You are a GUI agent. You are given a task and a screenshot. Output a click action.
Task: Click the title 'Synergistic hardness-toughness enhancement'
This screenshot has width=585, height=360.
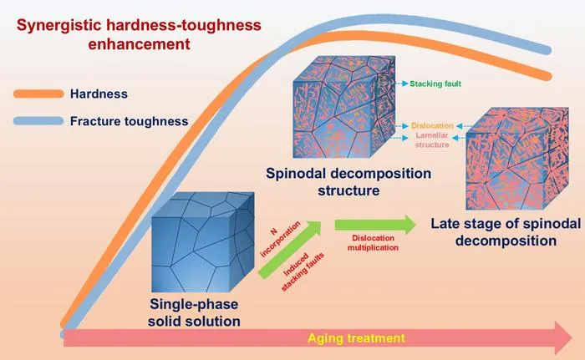[x=139, y=34]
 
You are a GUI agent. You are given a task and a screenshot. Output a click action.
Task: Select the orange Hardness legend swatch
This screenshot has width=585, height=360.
[x=38, y=94]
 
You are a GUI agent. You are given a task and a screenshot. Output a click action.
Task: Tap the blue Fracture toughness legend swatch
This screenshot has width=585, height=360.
[x=38, y=121]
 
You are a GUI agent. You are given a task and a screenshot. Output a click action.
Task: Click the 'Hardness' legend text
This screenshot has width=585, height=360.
[x=99, y=94]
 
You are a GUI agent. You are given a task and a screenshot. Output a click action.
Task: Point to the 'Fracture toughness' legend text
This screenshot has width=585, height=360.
[x=129, y=121]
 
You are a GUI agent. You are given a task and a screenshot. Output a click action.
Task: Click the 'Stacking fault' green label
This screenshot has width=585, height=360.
[x=435, y=84]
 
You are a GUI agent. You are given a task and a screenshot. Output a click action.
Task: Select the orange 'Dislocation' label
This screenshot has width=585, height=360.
[x=432, y=126]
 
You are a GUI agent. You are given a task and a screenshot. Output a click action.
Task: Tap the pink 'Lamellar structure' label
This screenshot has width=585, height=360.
[x=432, y=139]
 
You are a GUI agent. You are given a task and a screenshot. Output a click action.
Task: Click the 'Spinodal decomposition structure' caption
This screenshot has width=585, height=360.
[x=348, y=182]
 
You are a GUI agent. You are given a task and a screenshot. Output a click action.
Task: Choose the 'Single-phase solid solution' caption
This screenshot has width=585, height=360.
[x=194, y=312]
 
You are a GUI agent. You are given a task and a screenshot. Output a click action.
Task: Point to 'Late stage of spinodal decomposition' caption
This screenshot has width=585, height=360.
[x=506, y=231]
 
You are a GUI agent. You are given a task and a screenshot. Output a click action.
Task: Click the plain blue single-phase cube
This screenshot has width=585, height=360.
[x=203, y=242]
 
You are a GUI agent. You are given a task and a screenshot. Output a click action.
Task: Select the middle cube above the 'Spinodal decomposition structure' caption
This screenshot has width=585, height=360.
[x=344, y=107]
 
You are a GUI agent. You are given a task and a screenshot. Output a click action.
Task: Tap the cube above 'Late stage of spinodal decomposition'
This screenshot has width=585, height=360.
[x=517, y=158]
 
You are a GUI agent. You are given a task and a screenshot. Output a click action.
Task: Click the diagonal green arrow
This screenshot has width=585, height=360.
[x=290, y=250]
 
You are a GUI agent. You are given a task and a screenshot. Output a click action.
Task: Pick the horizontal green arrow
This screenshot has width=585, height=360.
[x=375, y=225]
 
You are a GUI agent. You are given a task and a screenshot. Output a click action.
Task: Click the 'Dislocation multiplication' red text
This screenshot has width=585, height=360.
[x=373, y=242]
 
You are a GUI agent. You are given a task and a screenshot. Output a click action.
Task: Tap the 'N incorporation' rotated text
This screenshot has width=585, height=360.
[x=280, y=239]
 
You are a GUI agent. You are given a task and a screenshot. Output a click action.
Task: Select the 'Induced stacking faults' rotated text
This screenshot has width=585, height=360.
[x=303, y=271]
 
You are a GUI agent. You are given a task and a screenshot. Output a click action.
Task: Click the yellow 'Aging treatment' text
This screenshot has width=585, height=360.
[x=356, y=338]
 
